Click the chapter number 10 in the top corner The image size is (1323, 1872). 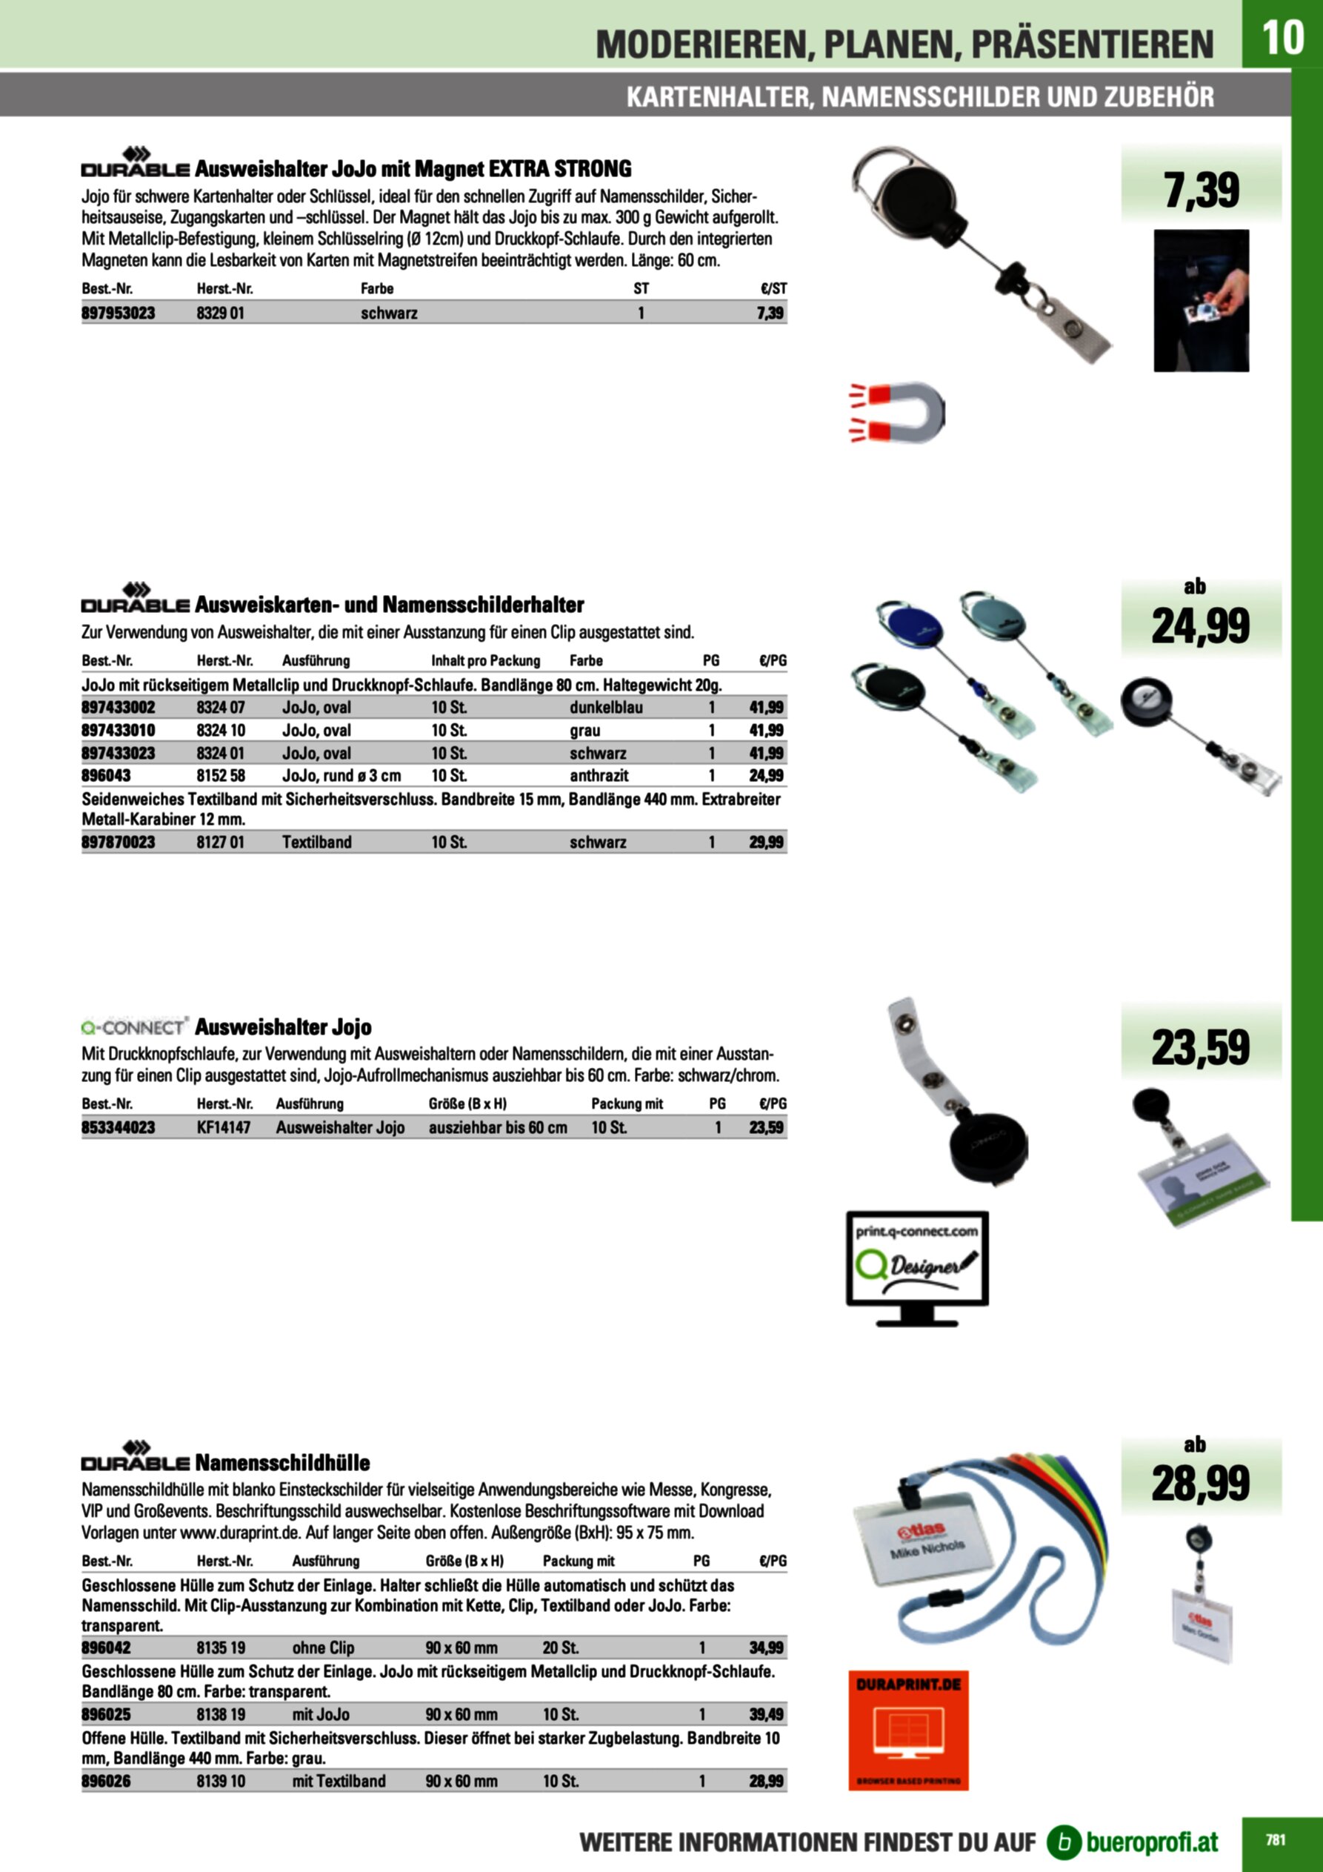(x=1282, y=36)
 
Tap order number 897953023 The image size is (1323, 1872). (x=119, y=313)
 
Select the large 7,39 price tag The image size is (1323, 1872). (x=1201, y=190)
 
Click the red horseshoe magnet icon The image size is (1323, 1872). (x=896, y=412)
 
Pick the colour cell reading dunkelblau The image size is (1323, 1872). (x=606, y=708)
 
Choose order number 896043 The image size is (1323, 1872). (x=106, y=775)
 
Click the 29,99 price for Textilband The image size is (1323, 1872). (x=766, y=842)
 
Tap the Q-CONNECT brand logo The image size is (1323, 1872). (x=135, y=1026)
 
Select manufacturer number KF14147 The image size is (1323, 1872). (x=224, y=1128)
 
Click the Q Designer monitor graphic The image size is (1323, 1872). (x=917, y=1268)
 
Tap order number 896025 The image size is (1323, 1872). (x=106, y=1715)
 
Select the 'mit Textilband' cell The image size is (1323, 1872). (x=339, y=1781)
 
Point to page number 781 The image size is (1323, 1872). (x=1276, y=1839)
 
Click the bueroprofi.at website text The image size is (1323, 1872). (x=1152, y=1842)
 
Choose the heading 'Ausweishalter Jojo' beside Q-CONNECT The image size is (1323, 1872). (x=283, y=1026)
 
